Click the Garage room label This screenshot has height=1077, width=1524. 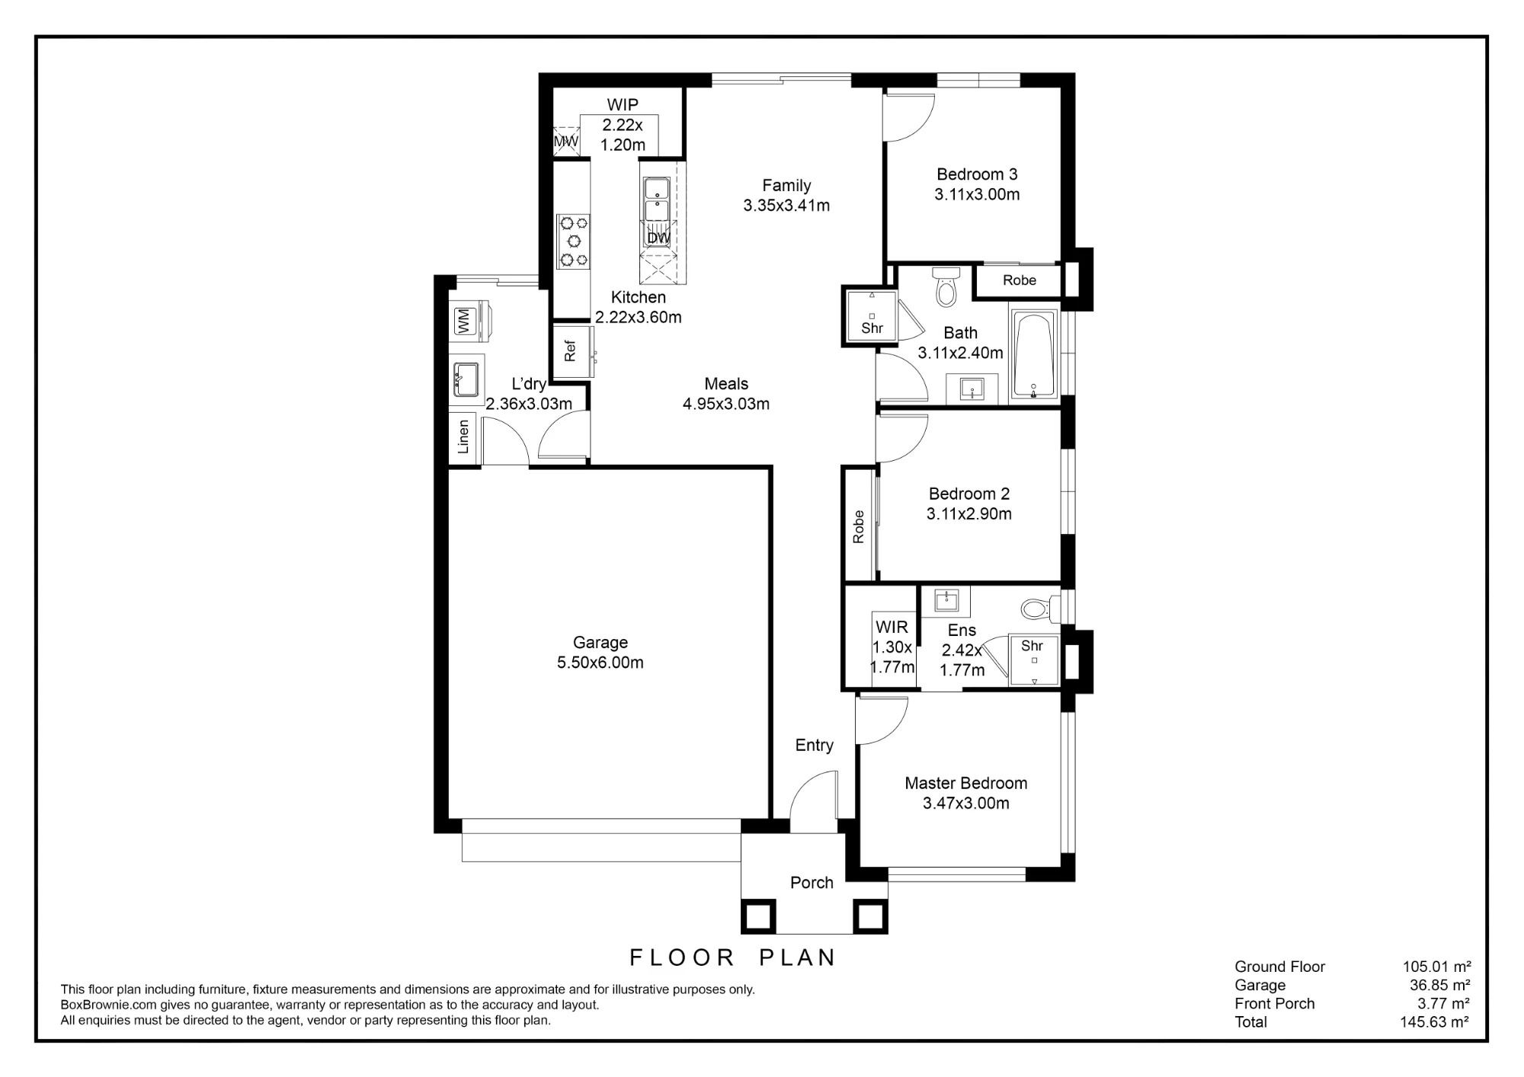[600, 643]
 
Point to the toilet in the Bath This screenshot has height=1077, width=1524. [946, 286]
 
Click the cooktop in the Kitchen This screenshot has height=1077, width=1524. [574, 241]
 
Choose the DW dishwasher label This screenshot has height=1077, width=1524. [658, 238]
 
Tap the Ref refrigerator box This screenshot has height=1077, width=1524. [573, 351]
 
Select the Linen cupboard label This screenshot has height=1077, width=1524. [463, 437]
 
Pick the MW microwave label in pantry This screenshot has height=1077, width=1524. [565, 142]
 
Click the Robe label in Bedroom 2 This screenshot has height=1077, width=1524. [859, 526]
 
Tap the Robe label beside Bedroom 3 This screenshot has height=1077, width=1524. [1020, 280]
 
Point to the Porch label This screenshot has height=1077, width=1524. [812, 883]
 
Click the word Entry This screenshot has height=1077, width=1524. [814, 746]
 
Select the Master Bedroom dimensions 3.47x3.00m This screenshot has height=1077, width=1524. [966, 803]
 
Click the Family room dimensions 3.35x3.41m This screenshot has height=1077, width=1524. [786, 205]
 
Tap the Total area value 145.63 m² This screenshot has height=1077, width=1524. [1435, 1022]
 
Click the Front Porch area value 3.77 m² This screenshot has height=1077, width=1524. [1444, 1004]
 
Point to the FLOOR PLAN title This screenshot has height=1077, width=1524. [733, 957]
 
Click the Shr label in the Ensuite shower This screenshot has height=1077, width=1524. [1032, 646]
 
